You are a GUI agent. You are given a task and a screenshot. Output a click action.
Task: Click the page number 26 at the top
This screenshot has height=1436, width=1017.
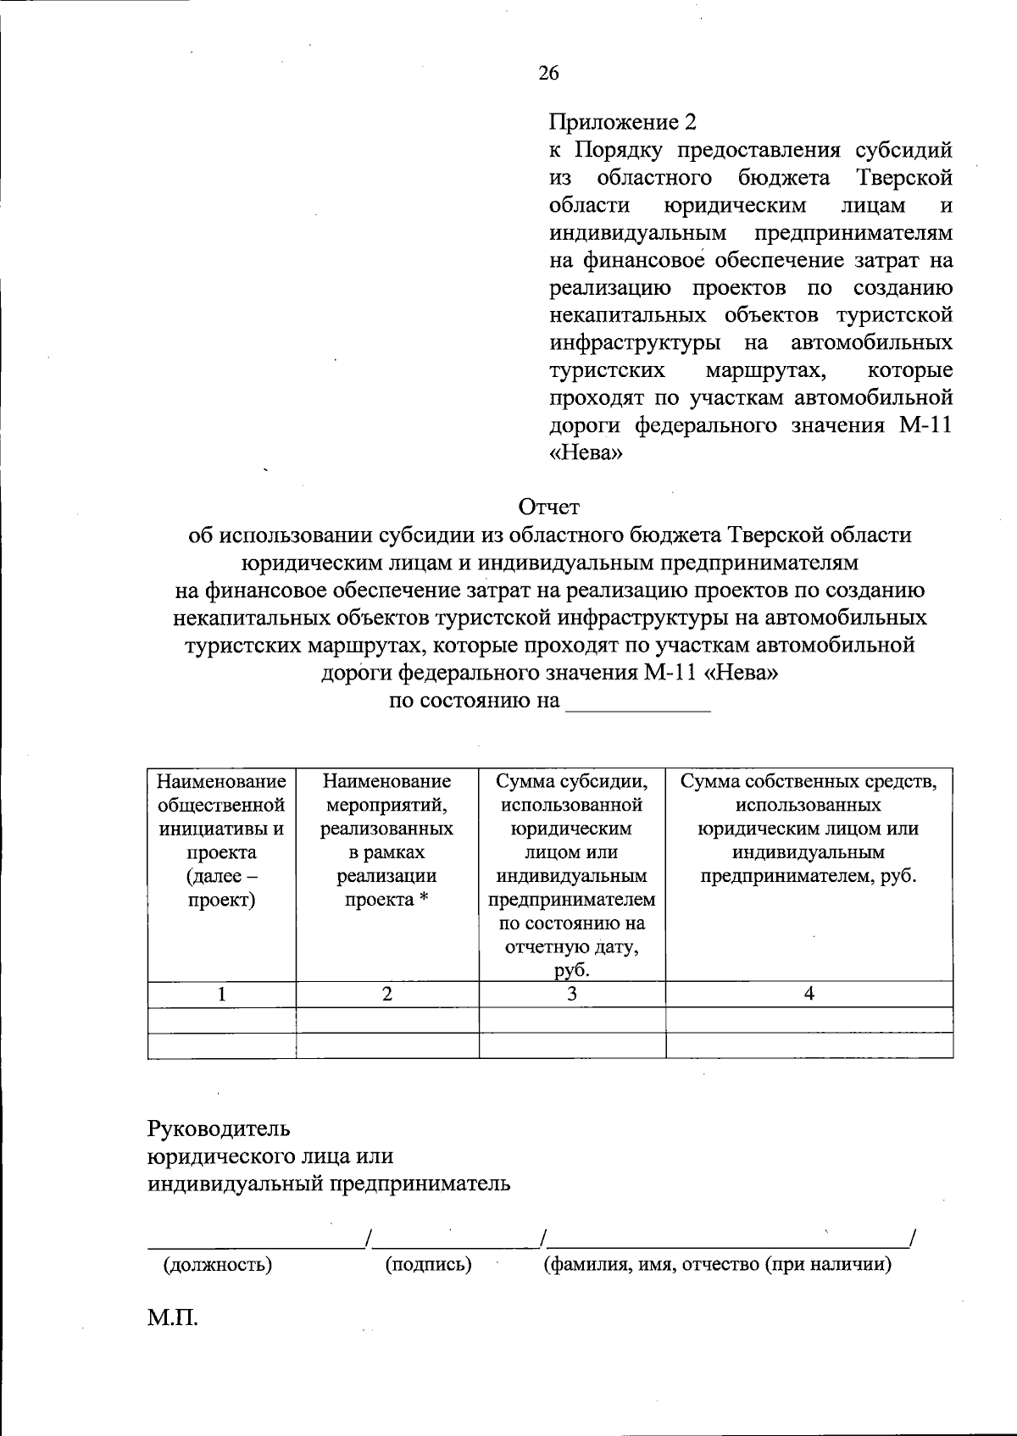548,74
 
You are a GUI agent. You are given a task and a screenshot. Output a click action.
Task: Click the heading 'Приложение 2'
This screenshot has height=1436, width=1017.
622,123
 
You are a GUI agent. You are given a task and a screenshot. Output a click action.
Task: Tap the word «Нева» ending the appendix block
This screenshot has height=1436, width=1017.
586,453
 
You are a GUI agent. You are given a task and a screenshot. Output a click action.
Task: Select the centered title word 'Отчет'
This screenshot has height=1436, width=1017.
549,507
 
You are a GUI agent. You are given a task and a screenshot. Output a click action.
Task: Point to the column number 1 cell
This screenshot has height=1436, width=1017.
221,995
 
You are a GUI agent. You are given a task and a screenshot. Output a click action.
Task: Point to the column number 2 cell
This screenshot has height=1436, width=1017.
386,995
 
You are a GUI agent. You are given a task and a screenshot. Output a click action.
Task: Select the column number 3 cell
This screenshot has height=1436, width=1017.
572,995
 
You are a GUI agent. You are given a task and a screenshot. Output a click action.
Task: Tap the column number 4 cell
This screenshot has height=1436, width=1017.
809,995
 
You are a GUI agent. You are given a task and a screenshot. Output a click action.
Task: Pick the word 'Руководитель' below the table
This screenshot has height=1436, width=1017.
219,1129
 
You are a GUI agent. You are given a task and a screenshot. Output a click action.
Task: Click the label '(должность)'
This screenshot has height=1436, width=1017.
217,1265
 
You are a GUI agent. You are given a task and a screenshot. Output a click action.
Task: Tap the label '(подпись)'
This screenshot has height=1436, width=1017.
428,1265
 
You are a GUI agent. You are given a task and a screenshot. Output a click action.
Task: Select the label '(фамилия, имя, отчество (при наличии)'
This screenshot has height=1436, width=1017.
717,1265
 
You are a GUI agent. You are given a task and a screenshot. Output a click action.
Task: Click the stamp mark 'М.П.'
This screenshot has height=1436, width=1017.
173,1319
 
